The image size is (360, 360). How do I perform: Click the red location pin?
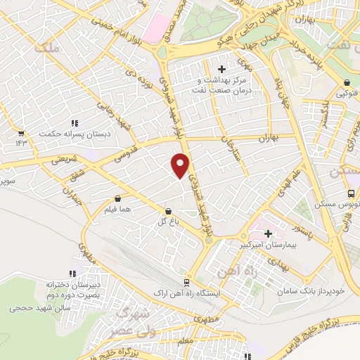[181, 166]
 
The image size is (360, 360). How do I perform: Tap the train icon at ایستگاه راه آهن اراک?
[186, 282]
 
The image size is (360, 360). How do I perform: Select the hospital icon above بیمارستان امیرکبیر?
[267, 233]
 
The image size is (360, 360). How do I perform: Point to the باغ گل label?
[166, 221]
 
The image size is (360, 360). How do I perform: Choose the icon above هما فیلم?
[117, 198]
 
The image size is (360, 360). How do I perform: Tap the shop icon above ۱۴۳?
[21, 132]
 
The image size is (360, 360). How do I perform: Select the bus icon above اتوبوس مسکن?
[350, 194]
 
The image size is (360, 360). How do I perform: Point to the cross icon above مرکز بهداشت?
[222, 69]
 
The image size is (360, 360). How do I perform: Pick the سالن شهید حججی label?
[41, 308]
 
